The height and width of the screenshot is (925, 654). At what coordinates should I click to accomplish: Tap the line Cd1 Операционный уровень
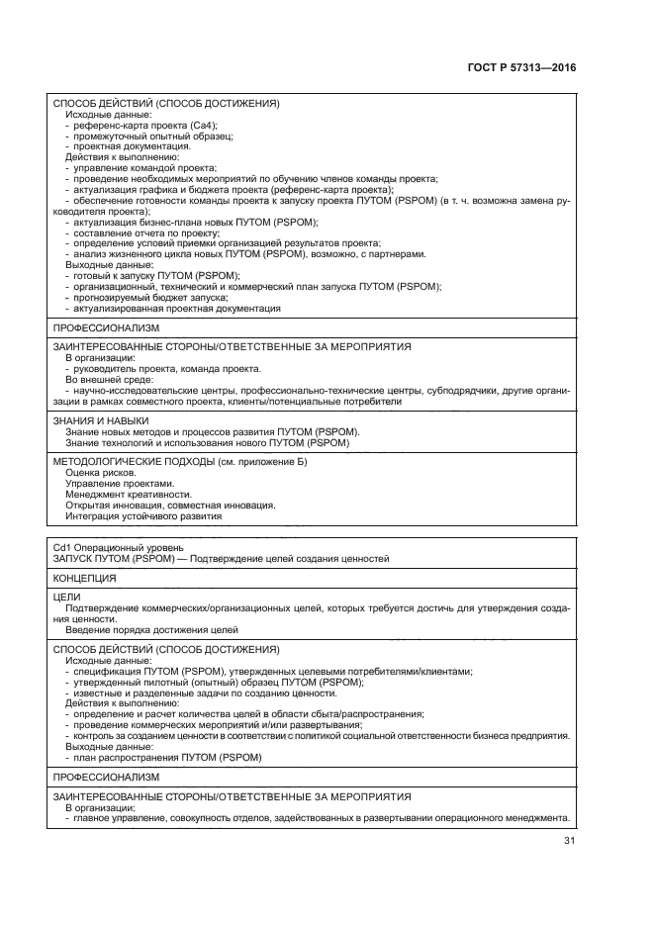114,546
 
